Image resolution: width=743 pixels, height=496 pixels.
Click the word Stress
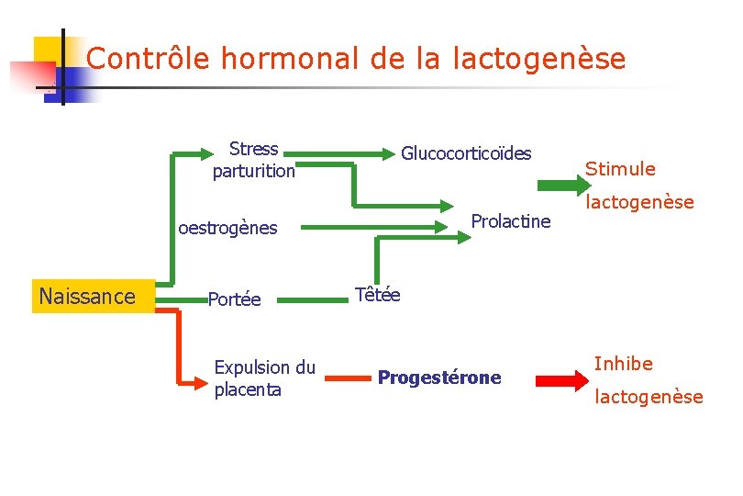pos(254,149)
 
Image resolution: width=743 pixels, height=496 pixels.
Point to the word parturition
pos(254,171)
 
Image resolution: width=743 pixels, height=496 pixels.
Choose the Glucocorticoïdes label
pos(466,152)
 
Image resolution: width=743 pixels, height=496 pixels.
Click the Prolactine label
pos(510,220)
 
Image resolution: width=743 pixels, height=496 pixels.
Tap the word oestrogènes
pos(227,228)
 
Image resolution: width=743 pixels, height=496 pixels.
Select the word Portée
pos(234,299)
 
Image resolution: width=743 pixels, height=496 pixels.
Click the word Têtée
pos(377,295)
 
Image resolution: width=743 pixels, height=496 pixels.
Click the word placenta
pos(248,389)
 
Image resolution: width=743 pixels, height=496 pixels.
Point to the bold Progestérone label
pos(439,378)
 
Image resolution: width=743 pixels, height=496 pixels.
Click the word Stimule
pos(620,169)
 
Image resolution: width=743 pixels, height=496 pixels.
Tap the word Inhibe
pos(623,364)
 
